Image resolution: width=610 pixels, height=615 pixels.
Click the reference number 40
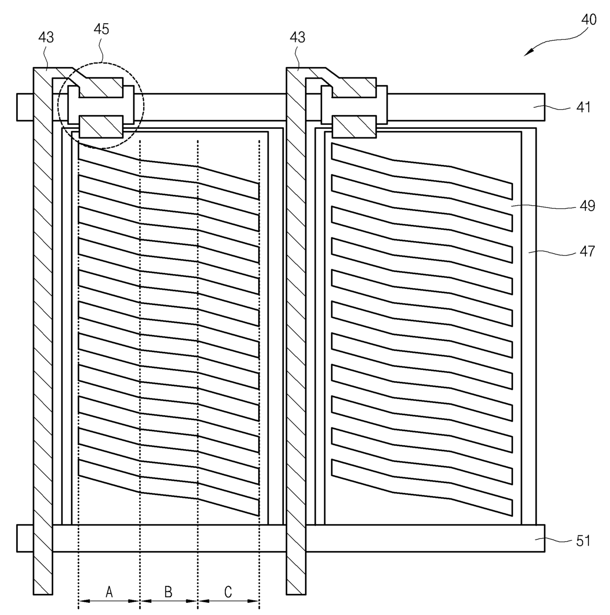click(589, 20)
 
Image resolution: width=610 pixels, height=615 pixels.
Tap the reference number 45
click(101, 29)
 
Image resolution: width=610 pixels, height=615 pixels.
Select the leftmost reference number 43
click(46, 37)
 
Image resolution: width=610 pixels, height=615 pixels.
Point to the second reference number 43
click(298, 37)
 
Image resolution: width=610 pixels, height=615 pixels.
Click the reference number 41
click(583, 107)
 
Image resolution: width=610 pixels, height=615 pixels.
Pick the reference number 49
click(587, 206)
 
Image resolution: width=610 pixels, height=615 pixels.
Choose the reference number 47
click(587, 251)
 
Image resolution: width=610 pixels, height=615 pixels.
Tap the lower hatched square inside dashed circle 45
click(101, 127)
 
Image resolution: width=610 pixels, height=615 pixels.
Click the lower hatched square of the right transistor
click(354, 127)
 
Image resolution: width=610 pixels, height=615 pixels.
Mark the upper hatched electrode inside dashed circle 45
click(99, 87)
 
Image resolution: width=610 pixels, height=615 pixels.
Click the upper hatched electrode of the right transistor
click(353, 87)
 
